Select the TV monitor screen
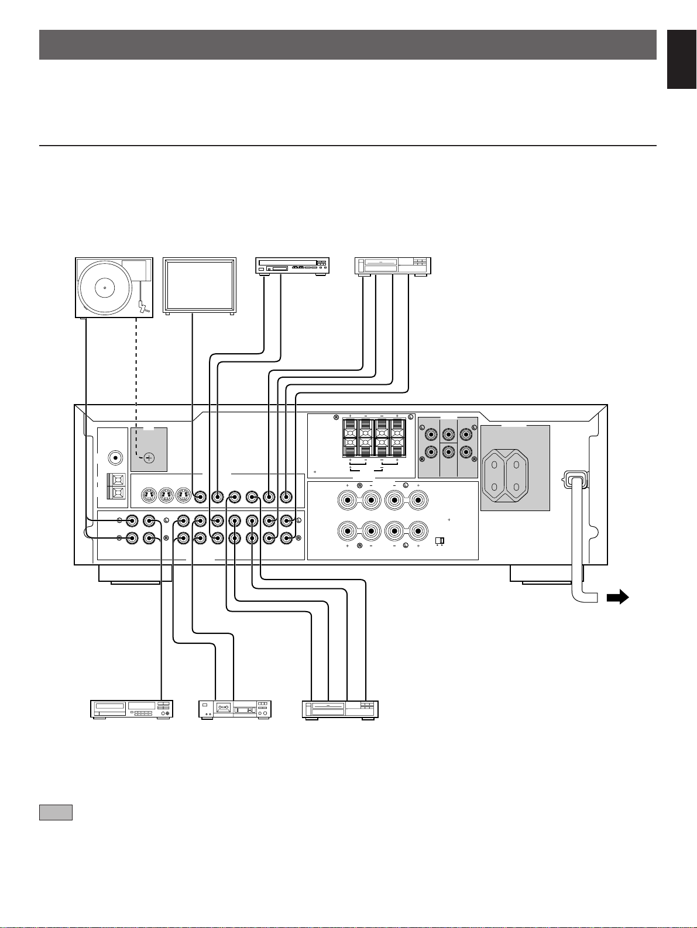pos(200,286)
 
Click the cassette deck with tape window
pos(235,709)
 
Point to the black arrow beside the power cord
pos(618,598)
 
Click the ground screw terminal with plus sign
pos(149,457)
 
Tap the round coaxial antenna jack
pos(116,457)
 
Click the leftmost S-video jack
pos(149,495)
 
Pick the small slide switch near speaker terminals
pos(440,540)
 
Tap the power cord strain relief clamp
pos(575,481)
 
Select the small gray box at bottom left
pos(56,812)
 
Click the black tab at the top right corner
pos(682,58)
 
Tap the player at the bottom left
pos(132,709)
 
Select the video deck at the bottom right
pos(340,710)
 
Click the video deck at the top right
pos(393,267)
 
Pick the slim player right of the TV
pos(293,267)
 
